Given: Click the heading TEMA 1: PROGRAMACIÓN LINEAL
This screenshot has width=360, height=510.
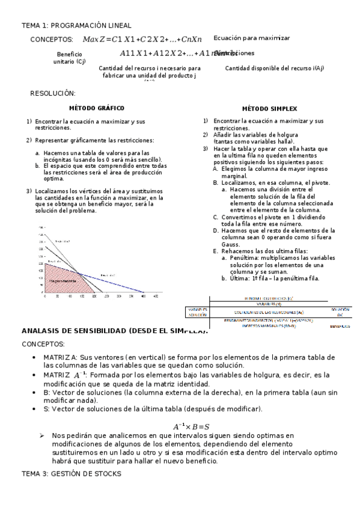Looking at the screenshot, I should pos(64,25).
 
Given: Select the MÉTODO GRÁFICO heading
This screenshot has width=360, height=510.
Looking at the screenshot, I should pos(96,108).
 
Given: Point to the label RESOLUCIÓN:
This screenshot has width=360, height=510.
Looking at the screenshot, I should pos(53,93).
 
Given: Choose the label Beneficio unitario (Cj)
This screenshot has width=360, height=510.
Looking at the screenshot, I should pos(69,58).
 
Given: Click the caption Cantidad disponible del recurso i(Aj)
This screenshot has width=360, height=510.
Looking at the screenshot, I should pos(274,68).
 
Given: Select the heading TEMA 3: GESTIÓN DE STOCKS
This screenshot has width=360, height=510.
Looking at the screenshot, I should pos(71,474).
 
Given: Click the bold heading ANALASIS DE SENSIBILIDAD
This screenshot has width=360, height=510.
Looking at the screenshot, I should pos(114,331).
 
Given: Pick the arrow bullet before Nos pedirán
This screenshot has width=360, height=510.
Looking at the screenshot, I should pos(41,435).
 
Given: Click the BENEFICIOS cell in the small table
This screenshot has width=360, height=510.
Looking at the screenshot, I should pos(339,326).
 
